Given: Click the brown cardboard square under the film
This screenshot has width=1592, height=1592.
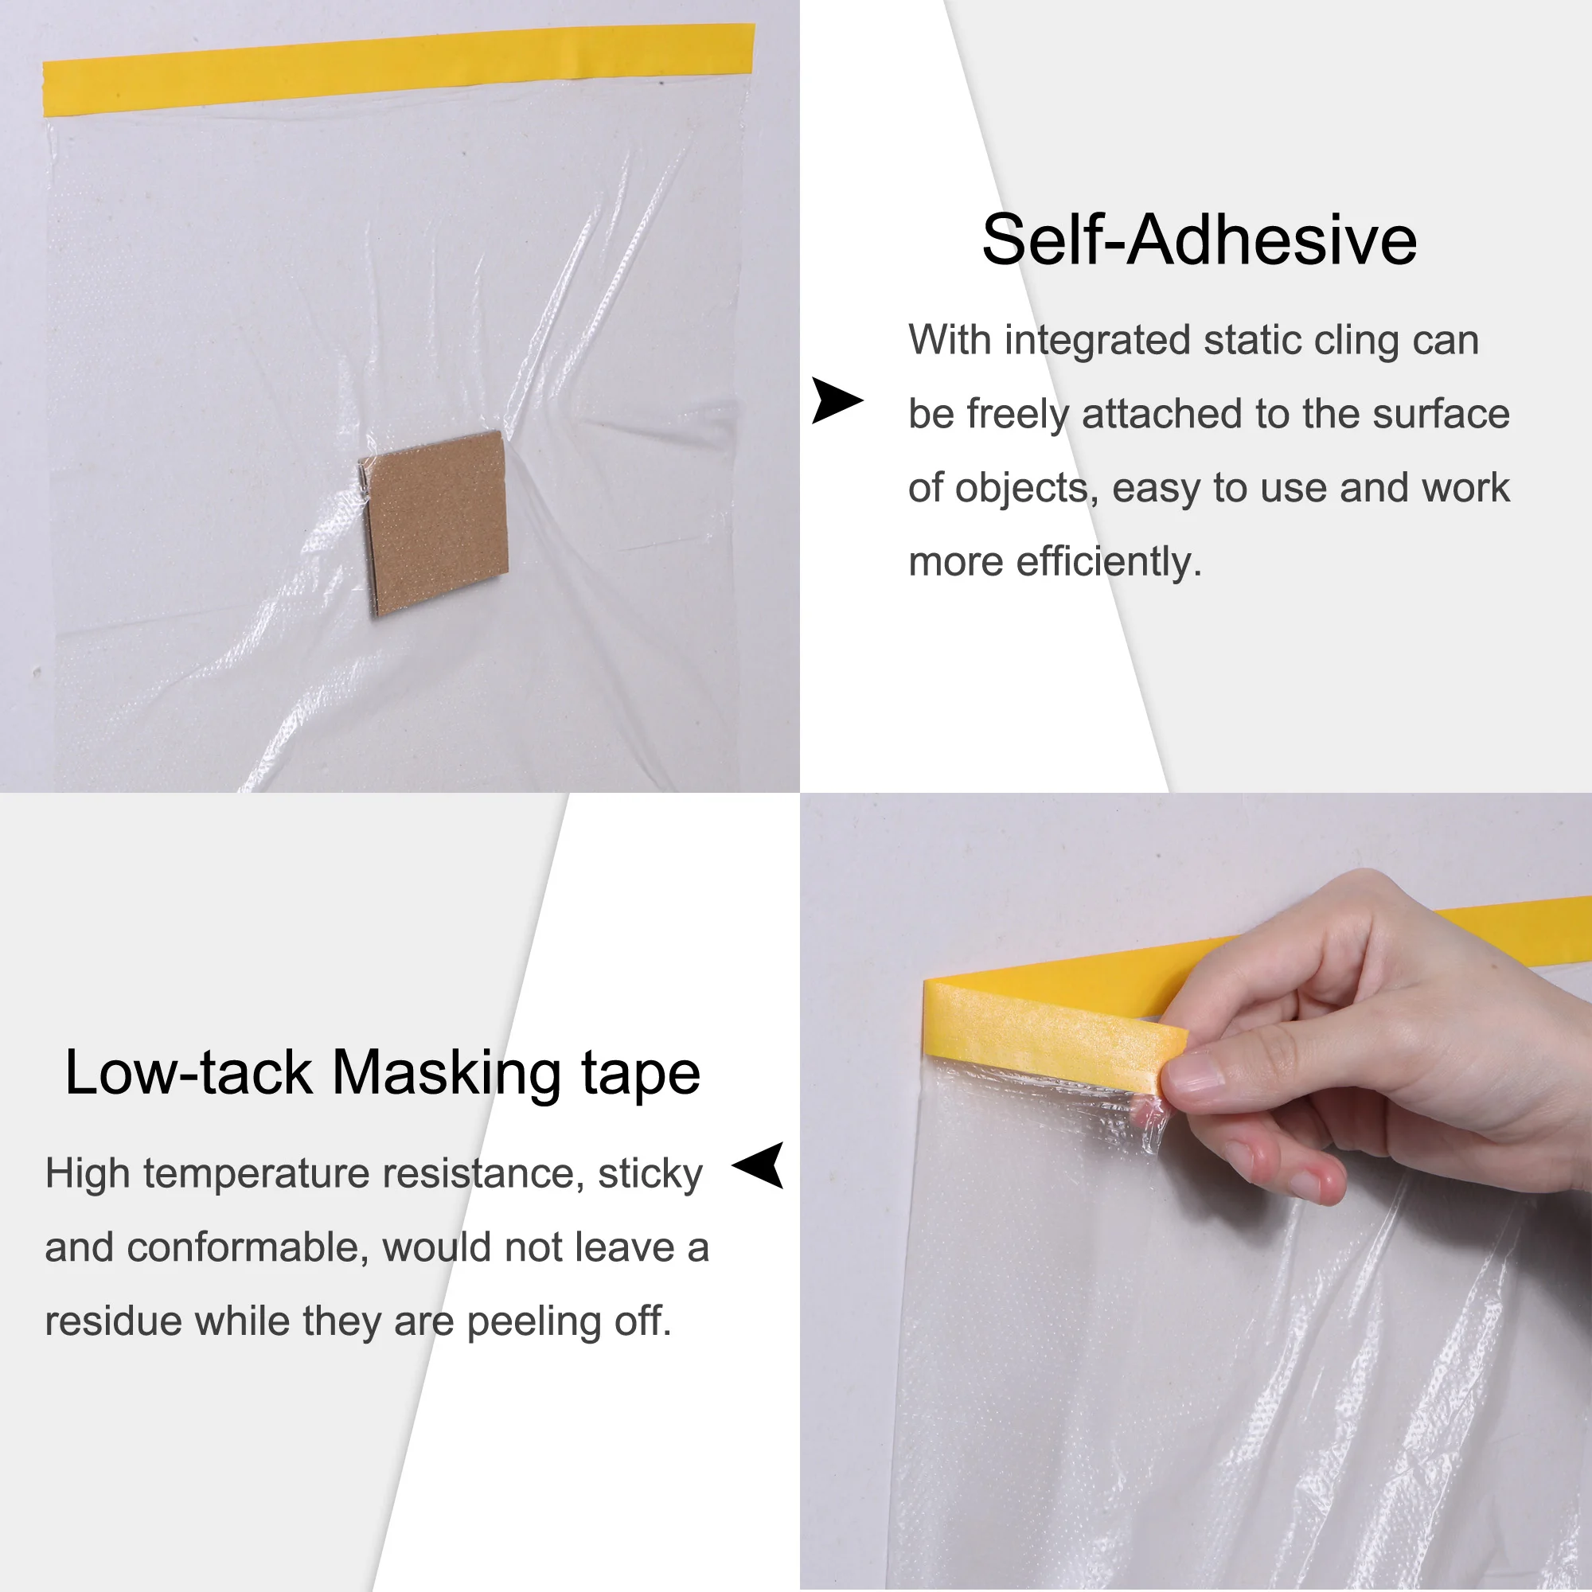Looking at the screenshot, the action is point(435,522).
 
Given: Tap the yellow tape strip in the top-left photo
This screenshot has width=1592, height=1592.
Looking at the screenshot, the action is point(399,68).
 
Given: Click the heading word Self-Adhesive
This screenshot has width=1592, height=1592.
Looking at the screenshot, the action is point(1199,240).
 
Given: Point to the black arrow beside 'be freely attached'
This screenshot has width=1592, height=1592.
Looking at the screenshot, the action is point(837,400).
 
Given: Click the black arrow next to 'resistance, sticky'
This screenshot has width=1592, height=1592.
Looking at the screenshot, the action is point(758,1165).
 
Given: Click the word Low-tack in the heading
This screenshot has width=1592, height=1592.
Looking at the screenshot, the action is point(189,1073).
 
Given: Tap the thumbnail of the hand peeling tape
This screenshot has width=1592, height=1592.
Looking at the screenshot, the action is point(1196,1192).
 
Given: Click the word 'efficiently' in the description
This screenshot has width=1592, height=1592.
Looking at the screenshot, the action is point(1109,563).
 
